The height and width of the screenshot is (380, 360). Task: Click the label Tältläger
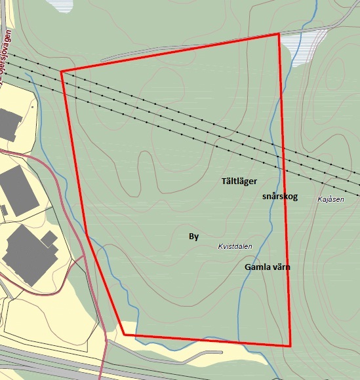tap(239, 180)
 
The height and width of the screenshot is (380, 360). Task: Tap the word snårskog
tap(279, 196)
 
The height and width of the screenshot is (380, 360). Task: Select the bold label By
tap(193, 237)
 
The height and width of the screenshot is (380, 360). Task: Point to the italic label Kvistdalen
tap(235, 246)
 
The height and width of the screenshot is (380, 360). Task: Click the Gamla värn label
tap(267, 267)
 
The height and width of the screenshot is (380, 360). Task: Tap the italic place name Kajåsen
tap(330, 199)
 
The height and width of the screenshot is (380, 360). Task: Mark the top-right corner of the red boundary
tap(279, 33)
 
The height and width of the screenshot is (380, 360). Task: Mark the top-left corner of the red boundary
tap(61, 71)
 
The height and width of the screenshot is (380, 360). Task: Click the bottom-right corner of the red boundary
tap(290, 345)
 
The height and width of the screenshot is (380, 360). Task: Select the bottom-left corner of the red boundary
tap(123, 334)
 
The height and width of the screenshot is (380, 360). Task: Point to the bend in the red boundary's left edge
tap(87, 233)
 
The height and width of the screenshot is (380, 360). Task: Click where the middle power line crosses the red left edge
tap(64, 83)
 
